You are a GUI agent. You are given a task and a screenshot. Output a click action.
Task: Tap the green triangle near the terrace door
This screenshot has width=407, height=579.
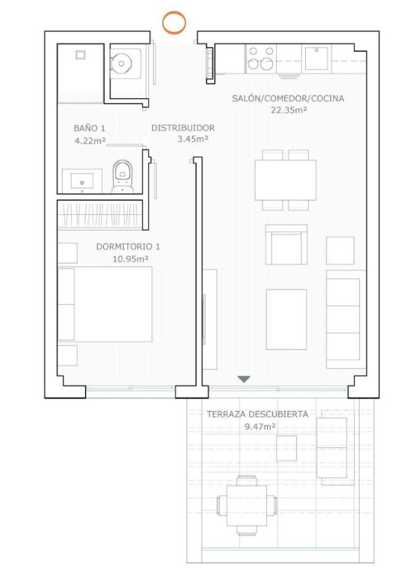(244, 379)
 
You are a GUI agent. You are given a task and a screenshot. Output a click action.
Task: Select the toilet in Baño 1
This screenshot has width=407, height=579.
(123, 176)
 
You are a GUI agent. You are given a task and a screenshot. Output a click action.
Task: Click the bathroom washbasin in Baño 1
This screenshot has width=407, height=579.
(82, 181)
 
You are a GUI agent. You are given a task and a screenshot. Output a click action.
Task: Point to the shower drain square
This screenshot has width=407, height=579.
(81, 55)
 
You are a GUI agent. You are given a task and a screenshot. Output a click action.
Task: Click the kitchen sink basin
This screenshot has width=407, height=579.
(316, 59)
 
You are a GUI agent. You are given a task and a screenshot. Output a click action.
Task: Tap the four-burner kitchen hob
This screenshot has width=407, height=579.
(261, 58)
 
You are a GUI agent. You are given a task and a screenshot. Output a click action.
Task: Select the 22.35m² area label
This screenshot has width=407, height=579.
(289, 110)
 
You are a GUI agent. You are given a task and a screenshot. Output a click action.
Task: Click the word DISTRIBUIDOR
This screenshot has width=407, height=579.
(183, 128)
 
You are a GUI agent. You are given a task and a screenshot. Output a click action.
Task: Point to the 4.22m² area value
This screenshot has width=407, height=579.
(90, 140)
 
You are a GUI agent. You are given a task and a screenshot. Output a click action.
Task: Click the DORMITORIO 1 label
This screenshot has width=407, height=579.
(128, 246)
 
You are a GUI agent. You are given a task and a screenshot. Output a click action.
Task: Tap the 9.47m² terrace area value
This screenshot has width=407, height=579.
(260, 427)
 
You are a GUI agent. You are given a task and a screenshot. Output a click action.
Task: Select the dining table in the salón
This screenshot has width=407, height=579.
(286, 180)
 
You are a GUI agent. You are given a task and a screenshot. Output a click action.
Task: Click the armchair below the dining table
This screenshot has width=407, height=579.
(286, 244)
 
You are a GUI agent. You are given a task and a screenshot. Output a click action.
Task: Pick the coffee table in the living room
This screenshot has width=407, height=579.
(286, 319)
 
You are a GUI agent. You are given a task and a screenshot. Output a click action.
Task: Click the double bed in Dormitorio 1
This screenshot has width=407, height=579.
(105, 304)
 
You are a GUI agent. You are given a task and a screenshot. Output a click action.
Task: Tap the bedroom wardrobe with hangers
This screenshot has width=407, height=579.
(100, 215)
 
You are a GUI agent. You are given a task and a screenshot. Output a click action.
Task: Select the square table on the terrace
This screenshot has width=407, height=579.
(247, 505)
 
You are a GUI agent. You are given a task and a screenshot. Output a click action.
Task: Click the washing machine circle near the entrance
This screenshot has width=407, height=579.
(121, 64)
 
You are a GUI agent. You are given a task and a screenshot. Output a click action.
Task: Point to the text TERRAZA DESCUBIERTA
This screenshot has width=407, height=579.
(257, 414)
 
